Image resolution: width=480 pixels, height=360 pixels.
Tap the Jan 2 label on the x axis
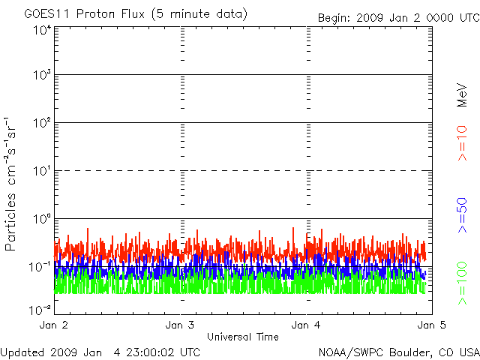click(x=53, y=325)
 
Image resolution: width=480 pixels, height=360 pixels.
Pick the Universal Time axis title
click(x=243, y=337)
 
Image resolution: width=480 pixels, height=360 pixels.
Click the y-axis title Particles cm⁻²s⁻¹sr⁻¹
click(x=10, y=184)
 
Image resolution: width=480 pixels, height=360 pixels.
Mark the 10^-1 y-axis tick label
click(x=41, y=266)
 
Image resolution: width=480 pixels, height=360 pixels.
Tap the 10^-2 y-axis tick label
click(x=41, y=309)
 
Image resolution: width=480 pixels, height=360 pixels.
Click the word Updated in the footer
click(x=22, y=352)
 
